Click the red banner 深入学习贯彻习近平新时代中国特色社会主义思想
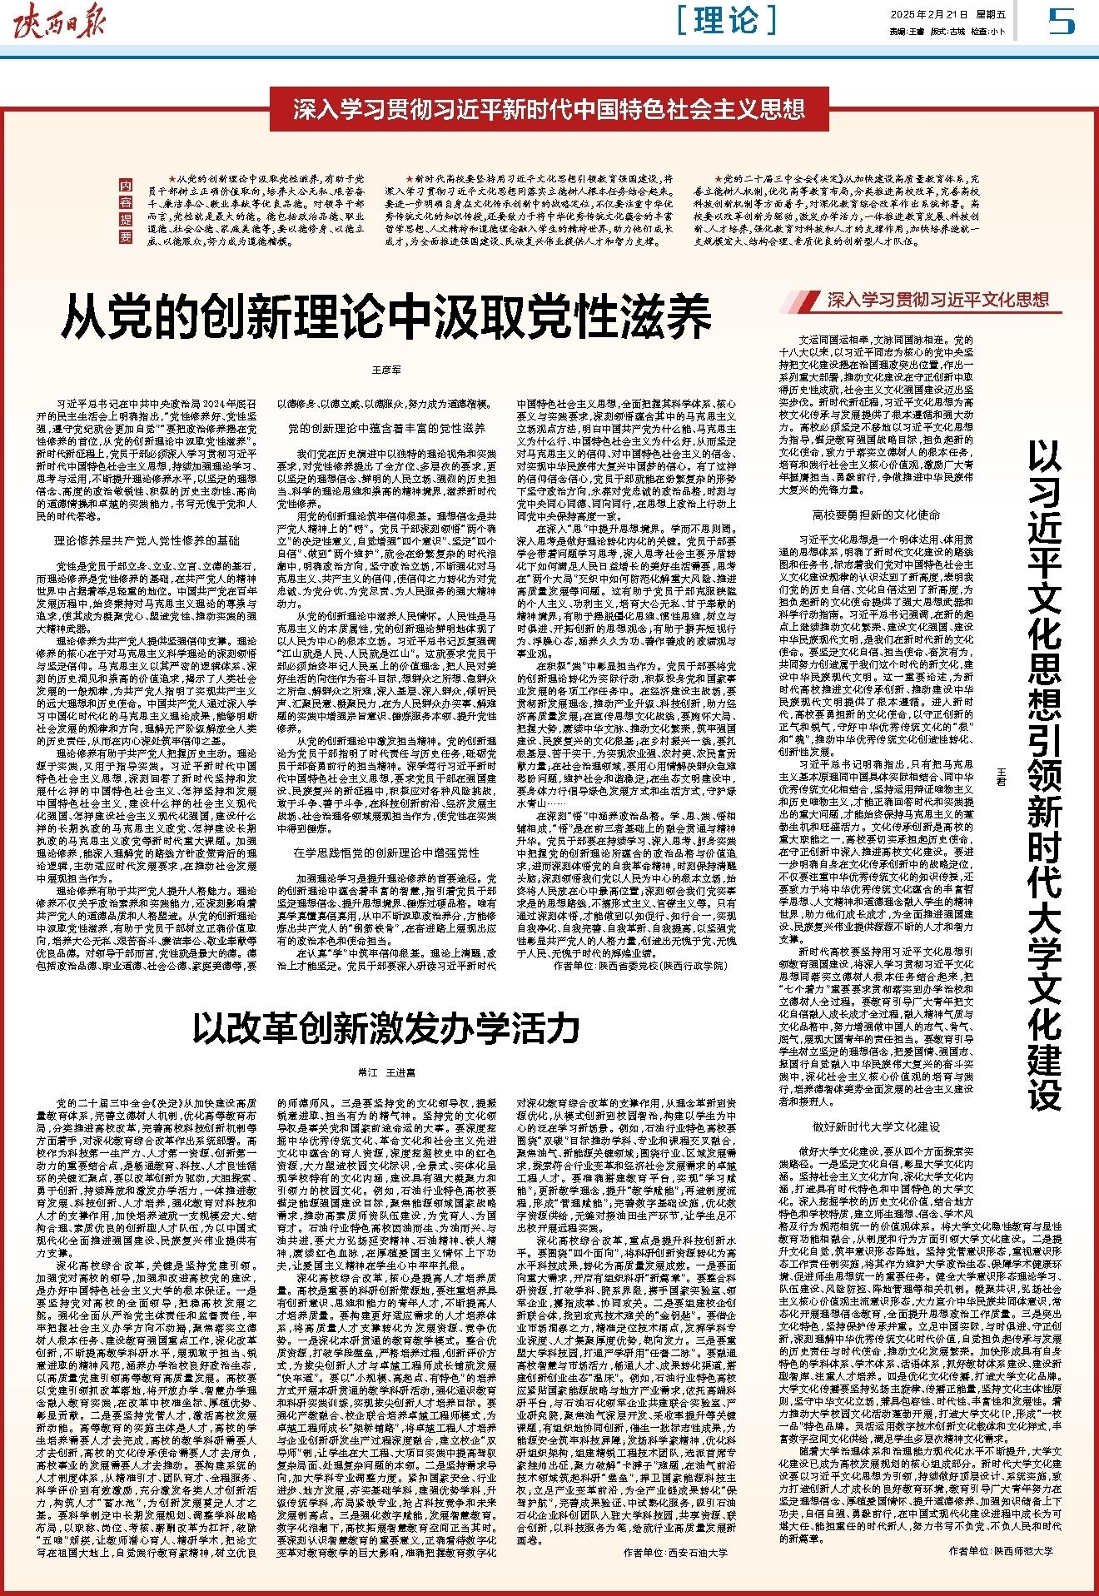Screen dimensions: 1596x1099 click(x=549, y=110)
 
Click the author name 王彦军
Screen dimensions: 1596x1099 click(x=385, y=367)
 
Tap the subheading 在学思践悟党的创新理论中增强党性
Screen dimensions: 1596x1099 click(x=385, y=854)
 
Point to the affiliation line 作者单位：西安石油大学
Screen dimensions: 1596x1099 click(x=675, y=1552)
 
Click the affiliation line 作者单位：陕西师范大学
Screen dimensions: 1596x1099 click(x=1000, y=1552)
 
